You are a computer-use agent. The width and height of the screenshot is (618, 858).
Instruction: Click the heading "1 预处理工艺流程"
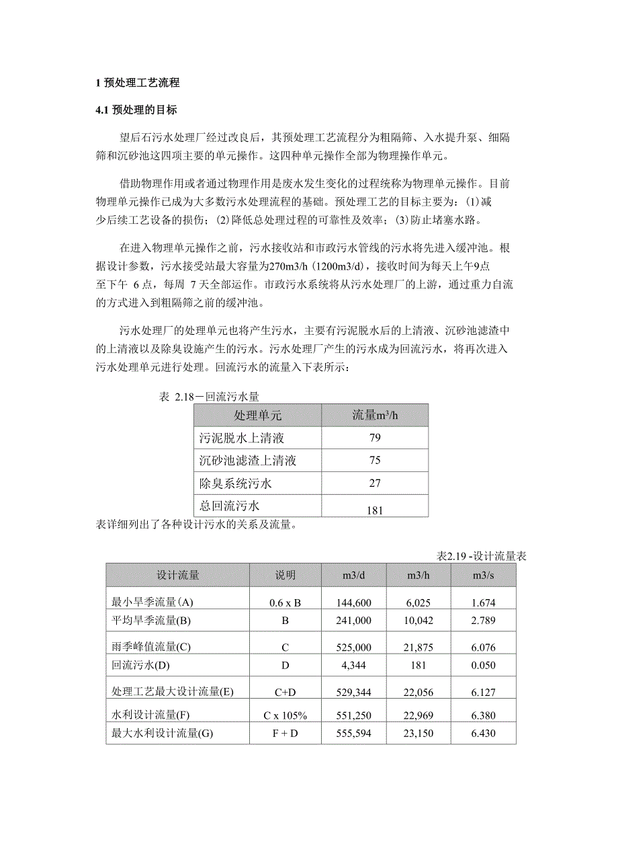(x=138, y=83)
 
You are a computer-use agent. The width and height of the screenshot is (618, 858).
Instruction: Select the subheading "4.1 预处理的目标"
(x=136, y=110)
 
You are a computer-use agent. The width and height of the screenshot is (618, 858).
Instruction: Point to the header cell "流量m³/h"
(x=375, y=415)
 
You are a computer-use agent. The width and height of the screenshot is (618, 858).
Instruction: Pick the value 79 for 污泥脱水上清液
(x=375, y=438)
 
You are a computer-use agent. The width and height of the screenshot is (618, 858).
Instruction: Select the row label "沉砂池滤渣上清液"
(x=248, y=461)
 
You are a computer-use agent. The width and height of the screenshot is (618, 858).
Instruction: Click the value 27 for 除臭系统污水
(x=375, y=483)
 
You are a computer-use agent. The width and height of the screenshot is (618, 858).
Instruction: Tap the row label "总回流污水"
(x=229, y=505)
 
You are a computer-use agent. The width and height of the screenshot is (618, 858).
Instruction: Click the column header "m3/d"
(x=353, y=576)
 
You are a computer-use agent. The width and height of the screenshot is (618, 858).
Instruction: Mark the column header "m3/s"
(x=484, y=576)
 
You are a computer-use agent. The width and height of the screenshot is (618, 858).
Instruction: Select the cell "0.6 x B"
(x=285, y=603)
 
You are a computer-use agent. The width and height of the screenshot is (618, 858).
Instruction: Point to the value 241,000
(x=353, y=621)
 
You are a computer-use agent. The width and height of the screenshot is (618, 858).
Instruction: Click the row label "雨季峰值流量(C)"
(x=151, y=647)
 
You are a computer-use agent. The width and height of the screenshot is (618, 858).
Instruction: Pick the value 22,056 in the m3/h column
(x=418, y=691)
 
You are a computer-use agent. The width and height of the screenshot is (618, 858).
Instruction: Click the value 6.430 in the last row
(x=484, y=734)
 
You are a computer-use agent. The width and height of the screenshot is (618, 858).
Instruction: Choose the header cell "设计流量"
(x=177, y=576)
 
